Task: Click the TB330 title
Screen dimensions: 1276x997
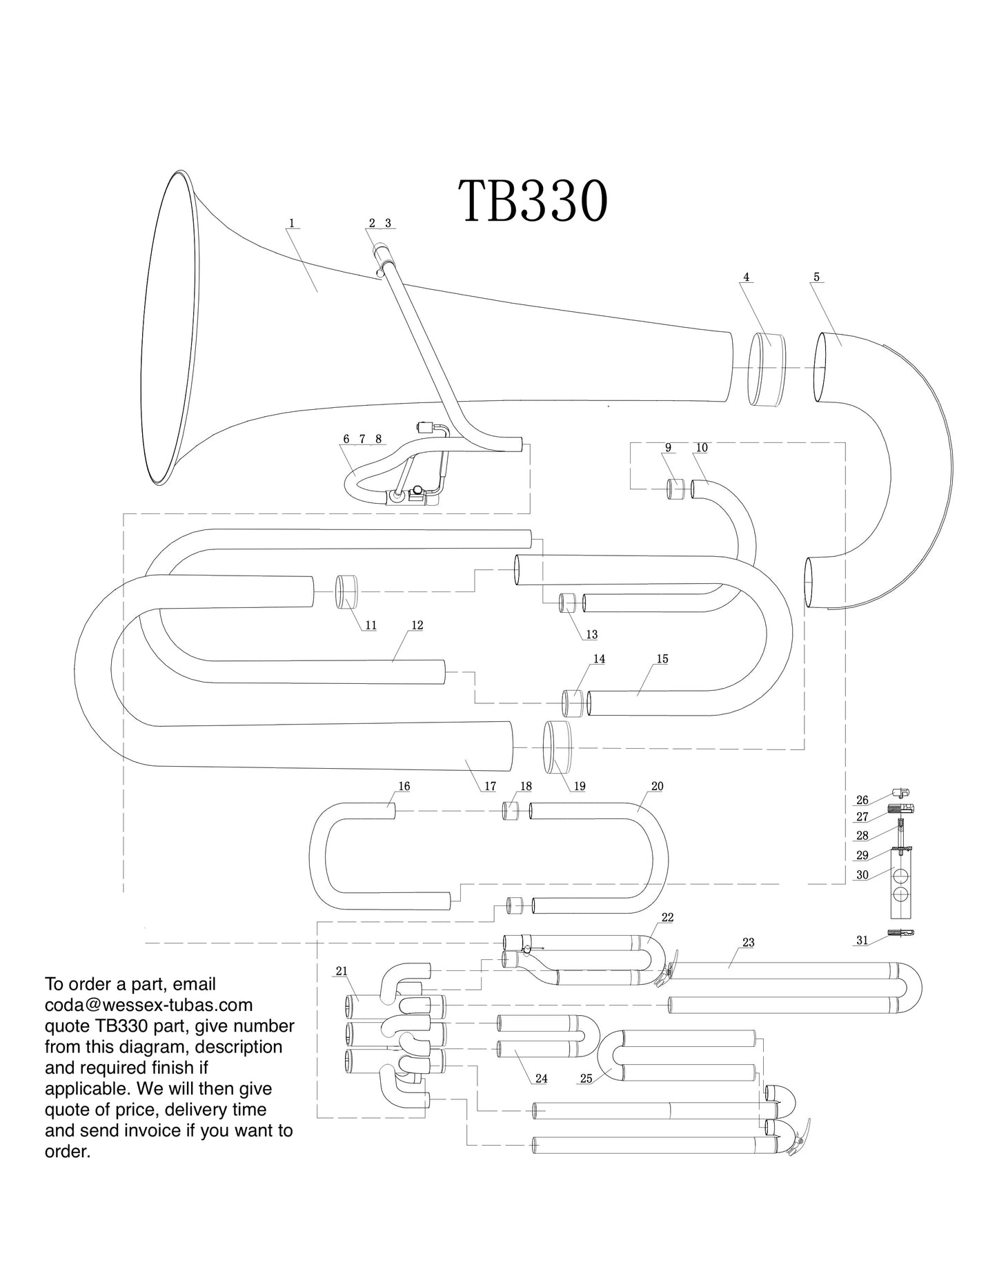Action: tap(533, 201)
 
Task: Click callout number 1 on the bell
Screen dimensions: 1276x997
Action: tap(292, 224)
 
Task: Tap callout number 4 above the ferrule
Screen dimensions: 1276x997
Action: tap(746, 277)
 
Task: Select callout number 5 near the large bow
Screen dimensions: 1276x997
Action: tap(816, 277)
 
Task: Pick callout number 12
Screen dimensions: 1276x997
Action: tap(417, 625)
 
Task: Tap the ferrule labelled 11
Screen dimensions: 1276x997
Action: tap(348, 591)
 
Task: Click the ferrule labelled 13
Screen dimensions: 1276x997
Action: tap(567, 602)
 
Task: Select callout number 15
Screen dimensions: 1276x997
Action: tap(662, 659)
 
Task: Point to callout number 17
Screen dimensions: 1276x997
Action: tap(490, 786)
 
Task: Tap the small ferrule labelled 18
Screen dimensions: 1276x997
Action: tap(510, 810)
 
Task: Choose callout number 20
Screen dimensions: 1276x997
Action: tap(657, 786)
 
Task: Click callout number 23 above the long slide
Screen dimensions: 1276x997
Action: tap(749, 942)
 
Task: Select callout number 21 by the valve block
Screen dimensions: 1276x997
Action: tap(342, 971)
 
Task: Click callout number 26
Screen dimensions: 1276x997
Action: tap(862, 801)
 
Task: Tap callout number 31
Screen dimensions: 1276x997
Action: tap(862, 941)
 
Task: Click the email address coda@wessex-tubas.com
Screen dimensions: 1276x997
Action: tap(148, 1005)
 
